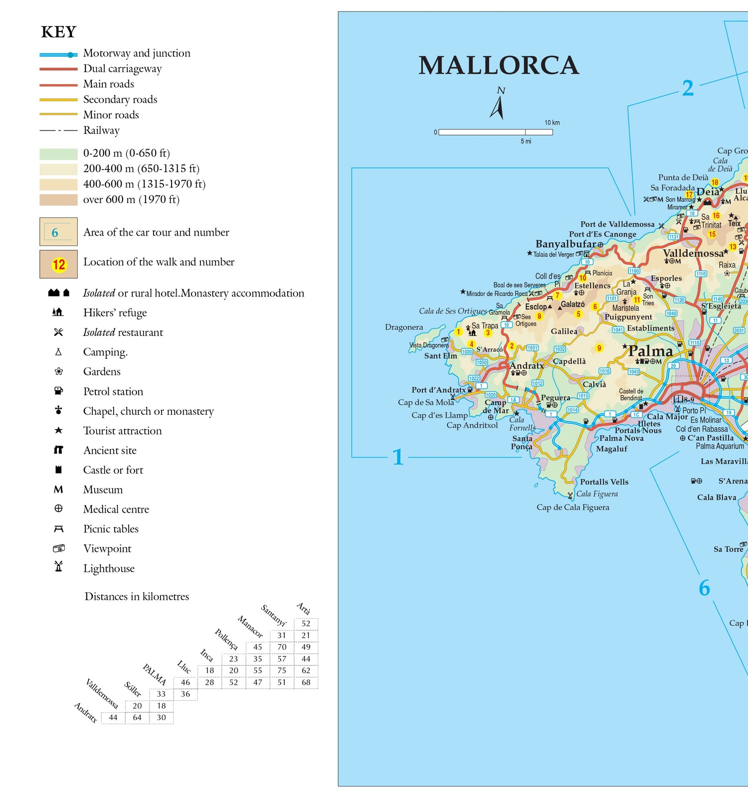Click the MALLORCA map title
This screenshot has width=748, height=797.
[x=498, y=65]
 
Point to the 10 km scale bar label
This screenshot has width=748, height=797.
[x=552, y=122]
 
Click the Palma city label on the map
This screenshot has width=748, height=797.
[x=650, y=351]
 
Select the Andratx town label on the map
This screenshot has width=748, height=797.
[x=526, y=365]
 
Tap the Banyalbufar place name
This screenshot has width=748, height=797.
[x=565, y=244]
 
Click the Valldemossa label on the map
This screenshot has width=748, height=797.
[x=693, y=253]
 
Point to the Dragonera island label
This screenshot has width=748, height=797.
[x=404, y=327]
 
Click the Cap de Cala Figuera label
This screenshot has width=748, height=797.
[x=572, y=507]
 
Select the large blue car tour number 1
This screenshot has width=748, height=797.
[x=397, y=457]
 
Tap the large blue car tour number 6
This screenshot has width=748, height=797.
[x=704, y=588]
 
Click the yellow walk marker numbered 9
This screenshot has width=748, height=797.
[x=599, y=348]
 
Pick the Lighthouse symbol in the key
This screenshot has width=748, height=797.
[x=58, y=567]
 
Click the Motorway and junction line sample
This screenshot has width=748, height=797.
[x=58, y=55]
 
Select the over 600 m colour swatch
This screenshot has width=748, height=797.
[x=58, y=200]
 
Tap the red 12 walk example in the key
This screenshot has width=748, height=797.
[x=59, y=265]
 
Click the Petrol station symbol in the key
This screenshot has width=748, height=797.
[x=58, y=391]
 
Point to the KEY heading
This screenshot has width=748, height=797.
[x=58, y=32]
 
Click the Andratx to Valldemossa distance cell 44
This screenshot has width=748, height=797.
[x=113, y=718]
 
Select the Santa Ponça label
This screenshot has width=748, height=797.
[x=522, y=442]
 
